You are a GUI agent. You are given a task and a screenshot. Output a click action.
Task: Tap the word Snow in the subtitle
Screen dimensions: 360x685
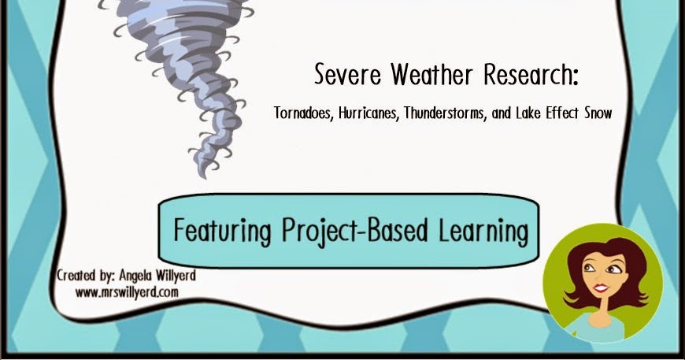point(596,113)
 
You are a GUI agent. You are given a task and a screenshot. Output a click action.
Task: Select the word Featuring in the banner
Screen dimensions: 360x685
point(218,232)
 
